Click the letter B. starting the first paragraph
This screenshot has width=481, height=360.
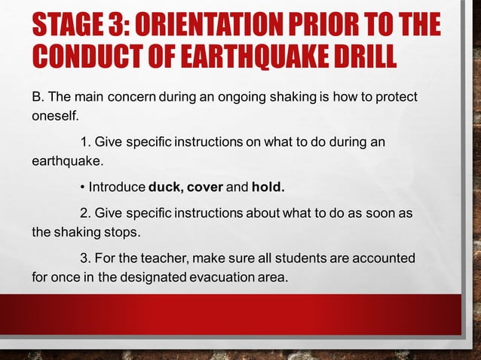coord(38,99)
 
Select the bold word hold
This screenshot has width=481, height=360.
coord(268,186)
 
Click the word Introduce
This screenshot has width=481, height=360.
coord(117,186)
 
